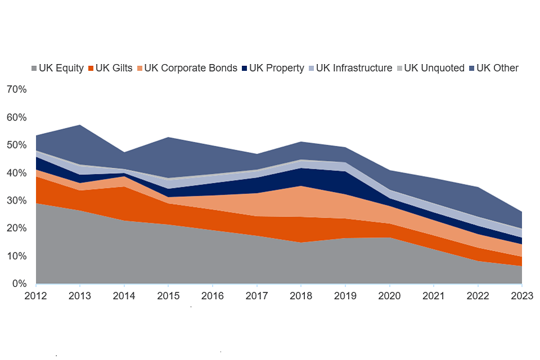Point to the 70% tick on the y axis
pyautogui.click(x=17, y=89)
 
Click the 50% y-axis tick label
pyautogui.click(x=17, y=145)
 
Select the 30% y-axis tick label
pyautogui.click(x=17, y=201)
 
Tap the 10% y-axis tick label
pyautogui.click(x=17, y=256)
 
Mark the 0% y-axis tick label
pyautogui.click(x=20, y=284)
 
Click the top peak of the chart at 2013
pyautogui.click(x=80, y=125)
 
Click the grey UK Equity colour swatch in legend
pyautogui.click(x=34, y=69)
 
